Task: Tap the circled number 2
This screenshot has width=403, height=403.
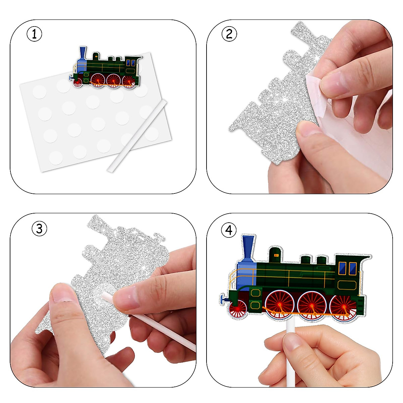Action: [229, 34]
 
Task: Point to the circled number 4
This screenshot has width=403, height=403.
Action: [229, 230]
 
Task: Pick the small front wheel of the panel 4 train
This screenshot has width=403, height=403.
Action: [238, 309]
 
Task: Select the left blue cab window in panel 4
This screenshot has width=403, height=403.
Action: [342, 268]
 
